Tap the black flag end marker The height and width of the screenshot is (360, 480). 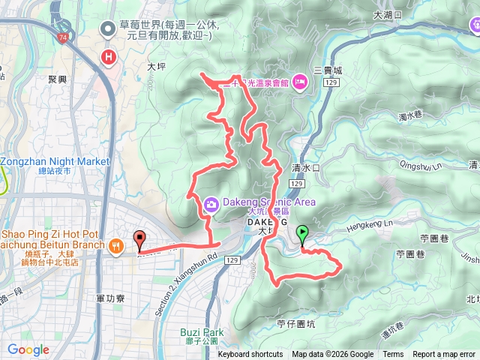139,241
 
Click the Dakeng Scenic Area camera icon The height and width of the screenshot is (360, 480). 211,202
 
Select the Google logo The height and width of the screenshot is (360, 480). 28,349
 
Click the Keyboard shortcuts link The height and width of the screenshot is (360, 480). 250,355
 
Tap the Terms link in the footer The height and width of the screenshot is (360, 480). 393,355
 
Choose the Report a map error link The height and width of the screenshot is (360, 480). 443,355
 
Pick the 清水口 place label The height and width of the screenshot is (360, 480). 306,168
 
